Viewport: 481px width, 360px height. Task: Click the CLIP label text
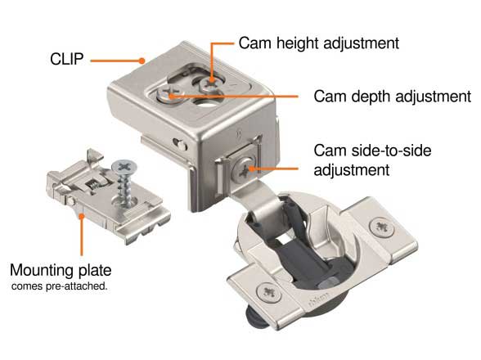click(x=66, y=59)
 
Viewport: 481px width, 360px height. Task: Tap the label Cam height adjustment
click(x=319, y=43)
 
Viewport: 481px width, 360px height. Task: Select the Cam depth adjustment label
click(x=393, y=97)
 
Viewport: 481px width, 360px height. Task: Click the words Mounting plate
click(x=61, y=270)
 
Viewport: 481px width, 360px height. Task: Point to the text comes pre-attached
click(x=60, y=286)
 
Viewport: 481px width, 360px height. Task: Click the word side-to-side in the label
click(x=391, y=151)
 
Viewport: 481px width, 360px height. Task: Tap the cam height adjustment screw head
click(x=210, y=83)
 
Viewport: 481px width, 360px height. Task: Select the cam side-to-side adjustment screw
click(x=245, y=169)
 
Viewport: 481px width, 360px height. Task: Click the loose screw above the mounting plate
click(x=125, y=182)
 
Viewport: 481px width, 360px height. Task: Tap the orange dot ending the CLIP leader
click(x=142, y=61)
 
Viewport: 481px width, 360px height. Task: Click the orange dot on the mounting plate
click(x=82, y=216)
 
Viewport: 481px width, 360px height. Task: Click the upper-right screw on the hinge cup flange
click(x=382, y=227)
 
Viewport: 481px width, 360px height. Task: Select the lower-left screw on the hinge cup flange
click(x=269, y=292)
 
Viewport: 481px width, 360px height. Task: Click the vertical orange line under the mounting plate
click(x=82, y=236)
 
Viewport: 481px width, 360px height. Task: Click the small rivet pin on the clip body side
click(x=182, y=146)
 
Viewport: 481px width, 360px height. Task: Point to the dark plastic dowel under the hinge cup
click(x=254, y=317)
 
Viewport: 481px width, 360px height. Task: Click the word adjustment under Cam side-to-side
click(x=352, y=170)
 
